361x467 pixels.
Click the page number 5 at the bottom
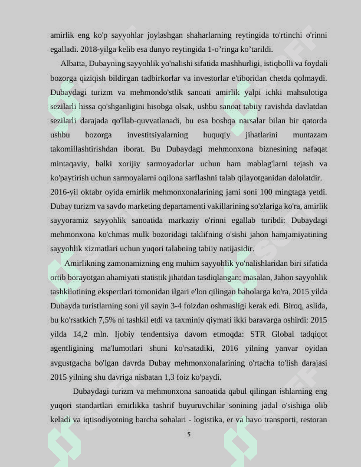[x=189, y=435]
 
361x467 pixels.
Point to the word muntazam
[x=310, y=135]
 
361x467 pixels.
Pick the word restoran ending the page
[x=311, y=420]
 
